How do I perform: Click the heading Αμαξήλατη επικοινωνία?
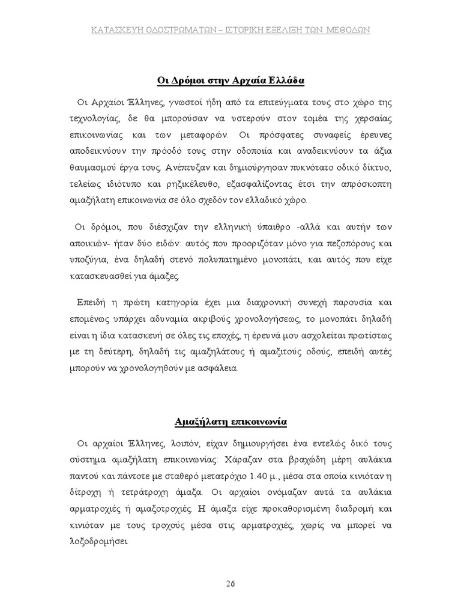pos(230,422)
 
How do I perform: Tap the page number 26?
pos(230,583)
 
